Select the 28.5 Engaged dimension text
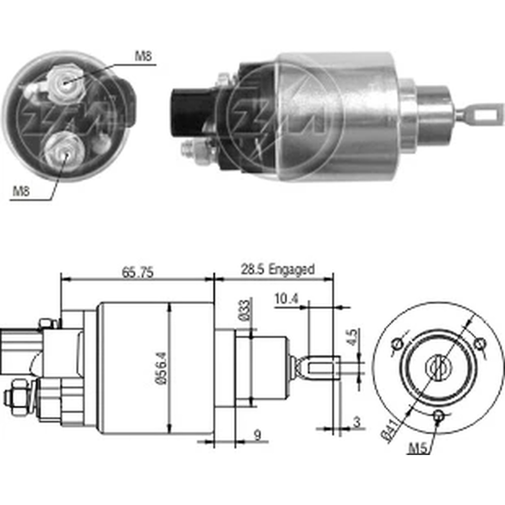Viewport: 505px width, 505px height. (277, 269)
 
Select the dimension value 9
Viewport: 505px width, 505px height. (257, 435)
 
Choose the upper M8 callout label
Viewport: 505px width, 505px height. (143, 57)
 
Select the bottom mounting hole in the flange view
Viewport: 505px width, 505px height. (438, 416)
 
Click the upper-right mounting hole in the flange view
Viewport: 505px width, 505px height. (480, 344)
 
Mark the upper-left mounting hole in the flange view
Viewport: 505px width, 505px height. (397, 345)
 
